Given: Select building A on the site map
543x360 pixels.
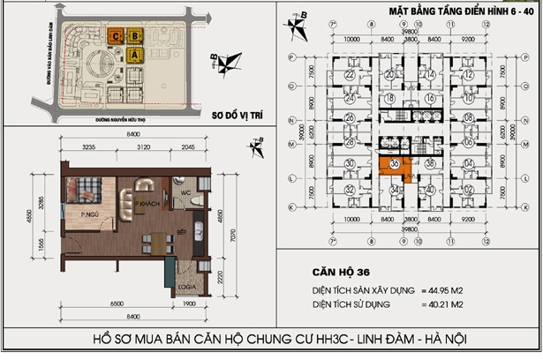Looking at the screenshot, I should (x=134, y=56).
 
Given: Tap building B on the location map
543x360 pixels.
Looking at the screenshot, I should (x=134, y=36).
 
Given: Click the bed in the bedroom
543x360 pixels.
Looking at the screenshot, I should (x=89, y=188).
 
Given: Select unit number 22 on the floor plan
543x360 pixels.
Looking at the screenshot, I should (x=351, y=76).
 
